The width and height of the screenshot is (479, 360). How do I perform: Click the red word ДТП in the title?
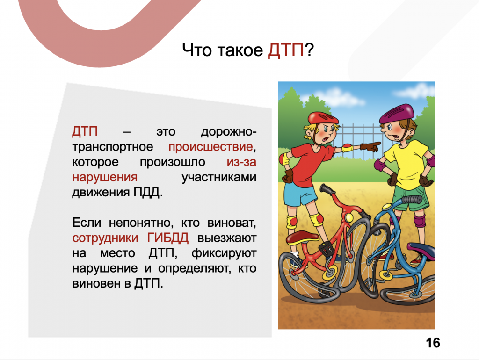pos(286,50)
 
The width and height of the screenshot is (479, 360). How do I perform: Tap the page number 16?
pos(433,343)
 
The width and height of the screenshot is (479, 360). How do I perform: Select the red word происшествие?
pos(211,147)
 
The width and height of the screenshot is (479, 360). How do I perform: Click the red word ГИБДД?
pos(168,238)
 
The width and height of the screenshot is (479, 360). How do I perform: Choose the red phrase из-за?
pos(241,162)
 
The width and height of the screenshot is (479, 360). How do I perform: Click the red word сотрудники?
pos(105,238)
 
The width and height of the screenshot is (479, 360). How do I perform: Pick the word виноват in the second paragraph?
pos(232,223)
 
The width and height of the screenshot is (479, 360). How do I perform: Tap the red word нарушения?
pos(105,177)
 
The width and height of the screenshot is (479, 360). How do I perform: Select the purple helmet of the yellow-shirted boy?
pos(397,113)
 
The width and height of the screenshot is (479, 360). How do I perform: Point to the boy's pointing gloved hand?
pos(370,146)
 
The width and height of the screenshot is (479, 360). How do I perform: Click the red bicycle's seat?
pos(303,238)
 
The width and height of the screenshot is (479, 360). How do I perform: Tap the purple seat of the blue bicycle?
pos(421,250)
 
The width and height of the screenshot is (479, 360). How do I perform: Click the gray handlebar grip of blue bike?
pos(411,200)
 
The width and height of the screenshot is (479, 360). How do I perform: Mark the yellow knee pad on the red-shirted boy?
pos(317,219)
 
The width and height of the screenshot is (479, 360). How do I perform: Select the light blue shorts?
pos(300,194)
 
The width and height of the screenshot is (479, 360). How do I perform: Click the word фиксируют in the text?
pos(224,253)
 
